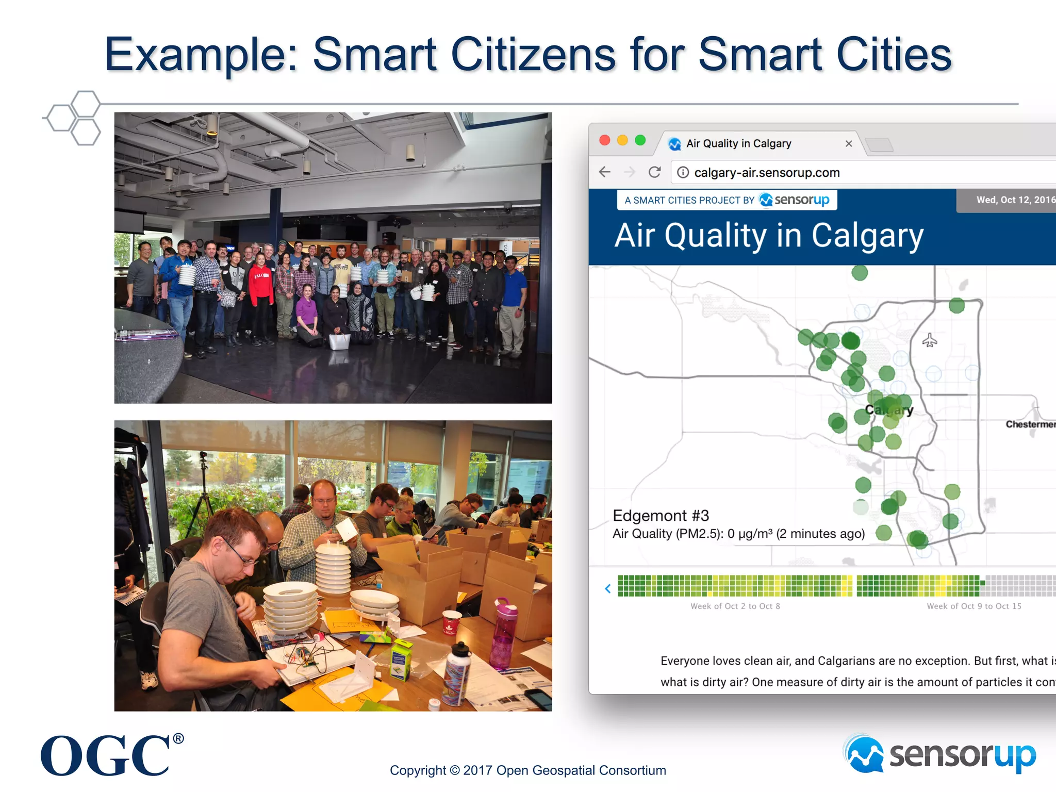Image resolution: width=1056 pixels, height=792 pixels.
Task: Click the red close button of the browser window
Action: (x=605, y=140)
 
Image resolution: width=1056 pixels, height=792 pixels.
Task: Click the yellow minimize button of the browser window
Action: (x=622, y=140)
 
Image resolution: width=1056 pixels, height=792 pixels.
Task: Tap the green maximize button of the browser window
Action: (x=640, y=140)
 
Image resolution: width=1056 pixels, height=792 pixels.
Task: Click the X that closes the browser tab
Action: (x=849, y=144)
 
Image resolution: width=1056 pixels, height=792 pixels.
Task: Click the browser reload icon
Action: (x=654, y=172)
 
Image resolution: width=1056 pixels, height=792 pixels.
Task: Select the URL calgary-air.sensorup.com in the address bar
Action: (x=767, y=173)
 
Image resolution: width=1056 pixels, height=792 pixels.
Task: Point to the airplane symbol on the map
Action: (x=929, y=340)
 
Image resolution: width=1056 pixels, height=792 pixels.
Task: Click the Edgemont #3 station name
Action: (x=661, y=516)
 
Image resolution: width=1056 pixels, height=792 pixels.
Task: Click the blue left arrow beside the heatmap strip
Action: (x=608, y=588)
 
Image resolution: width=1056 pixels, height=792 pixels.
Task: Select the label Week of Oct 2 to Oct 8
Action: (x=735, y=606)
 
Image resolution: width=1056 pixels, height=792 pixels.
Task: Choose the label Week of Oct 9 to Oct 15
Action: (x=973, y=606)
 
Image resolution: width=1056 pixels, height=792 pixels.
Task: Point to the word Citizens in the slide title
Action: (x=533, y=55)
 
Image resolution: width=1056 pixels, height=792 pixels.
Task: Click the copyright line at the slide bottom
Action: (x=527, y=770)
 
